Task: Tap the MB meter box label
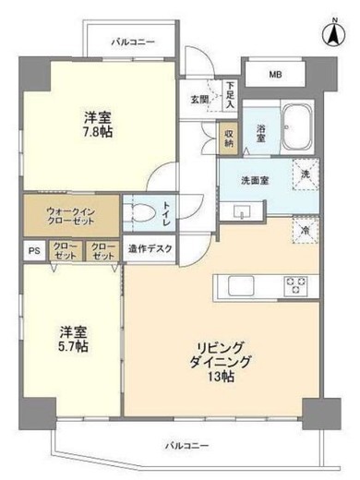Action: click(x=276, y=75)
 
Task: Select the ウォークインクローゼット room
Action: click(x=70, y=217)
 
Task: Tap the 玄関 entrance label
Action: click(x=200, y=100)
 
